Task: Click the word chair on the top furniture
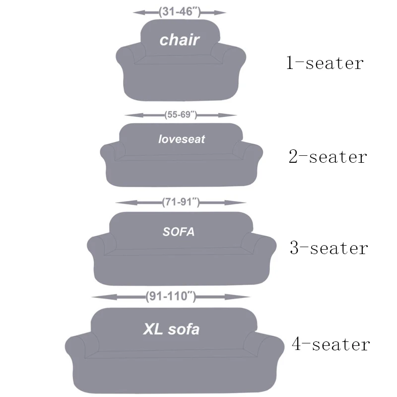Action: (179, 40)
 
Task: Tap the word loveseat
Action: (181, 139)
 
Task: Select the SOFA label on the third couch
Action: (179, 232)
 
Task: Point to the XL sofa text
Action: (171, 329)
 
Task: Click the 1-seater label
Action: (325, 64)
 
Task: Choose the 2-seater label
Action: (328, 157)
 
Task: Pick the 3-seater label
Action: (329, 248)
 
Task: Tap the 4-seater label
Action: (331, 344)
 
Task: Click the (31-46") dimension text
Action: (180, 12)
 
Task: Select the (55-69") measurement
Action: (181, 115)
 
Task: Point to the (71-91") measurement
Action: (181, 202)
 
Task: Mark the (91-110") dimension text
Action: (171, 297)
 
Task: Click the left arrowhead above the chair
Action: (137, 12)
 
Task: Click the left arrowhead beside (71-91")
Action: (120, 202)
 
